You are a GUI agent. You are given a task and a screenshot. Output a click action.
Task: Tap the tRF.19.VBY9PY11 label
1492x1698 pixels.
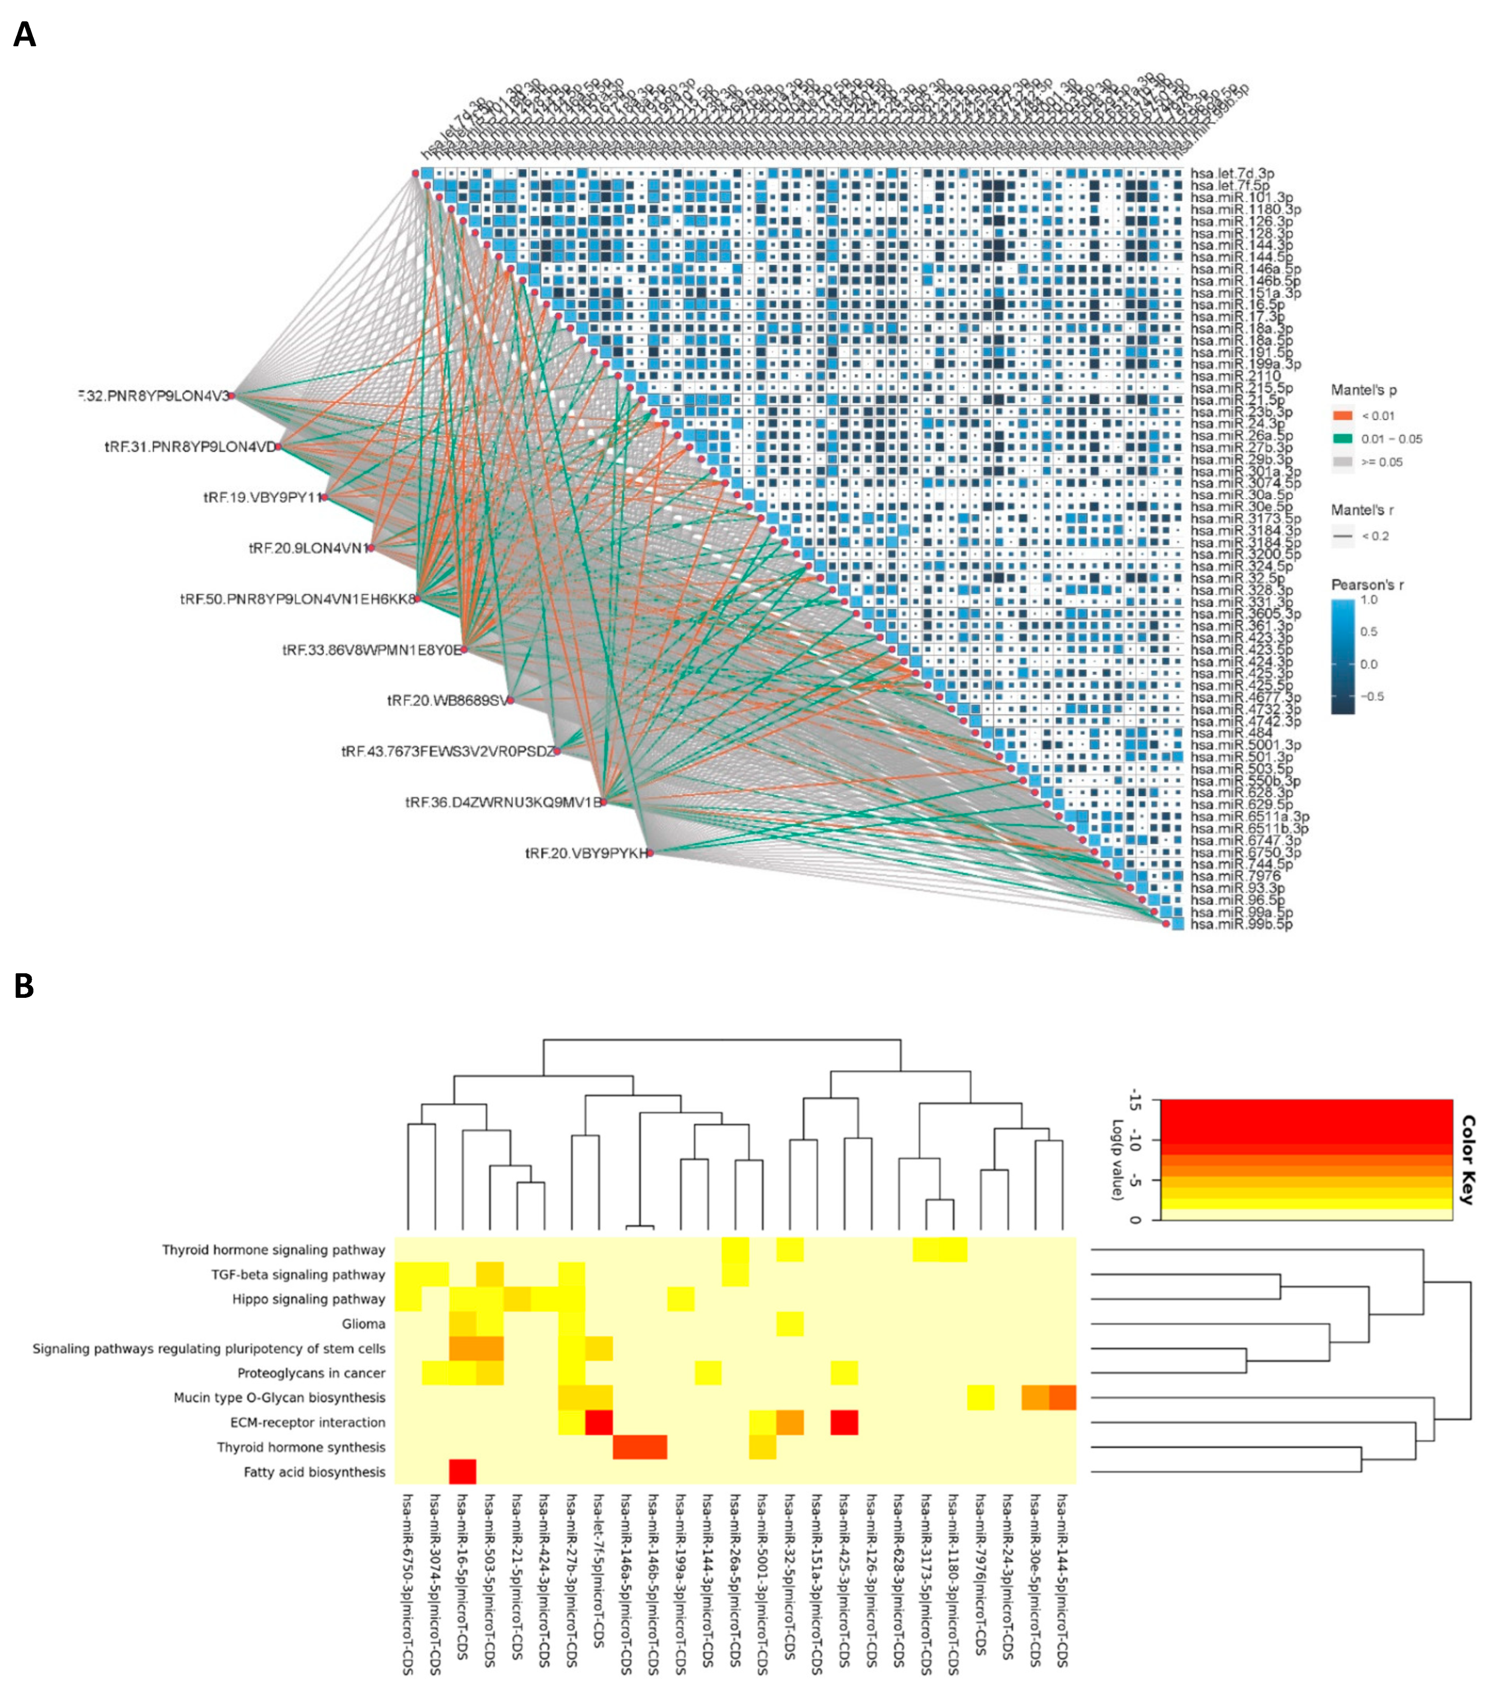pyautogui.click(x=262, y=497)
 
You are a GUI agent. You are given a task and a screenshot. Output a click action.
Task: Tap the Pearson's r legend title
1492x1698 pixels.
pyautogui.click(x=1367, y=585)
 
